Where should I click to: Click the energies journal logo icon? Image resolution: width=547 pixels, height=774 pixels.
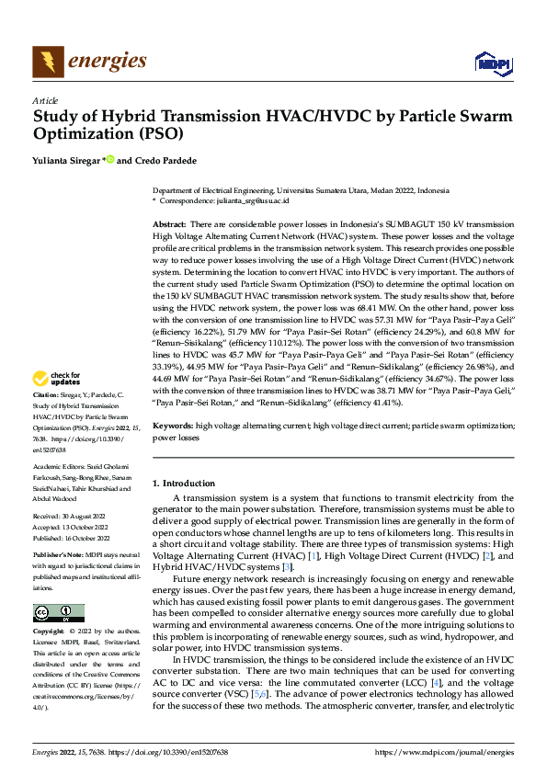(x=47, y=61)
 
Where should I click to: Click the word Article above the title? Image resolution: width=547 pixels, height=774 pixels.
(x=45, y=100)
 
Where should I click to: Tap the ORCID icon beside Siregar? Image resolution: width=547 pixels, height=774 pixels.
(x=110, y=160)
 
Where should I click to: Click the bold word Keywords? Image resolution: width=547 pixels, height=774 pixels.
(x=173, y=452)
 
